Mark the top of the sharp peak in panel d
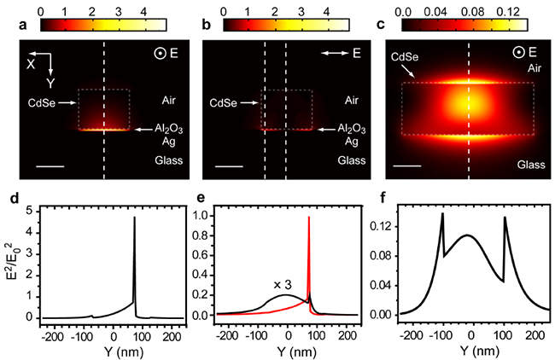click(x=134, y=218)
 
